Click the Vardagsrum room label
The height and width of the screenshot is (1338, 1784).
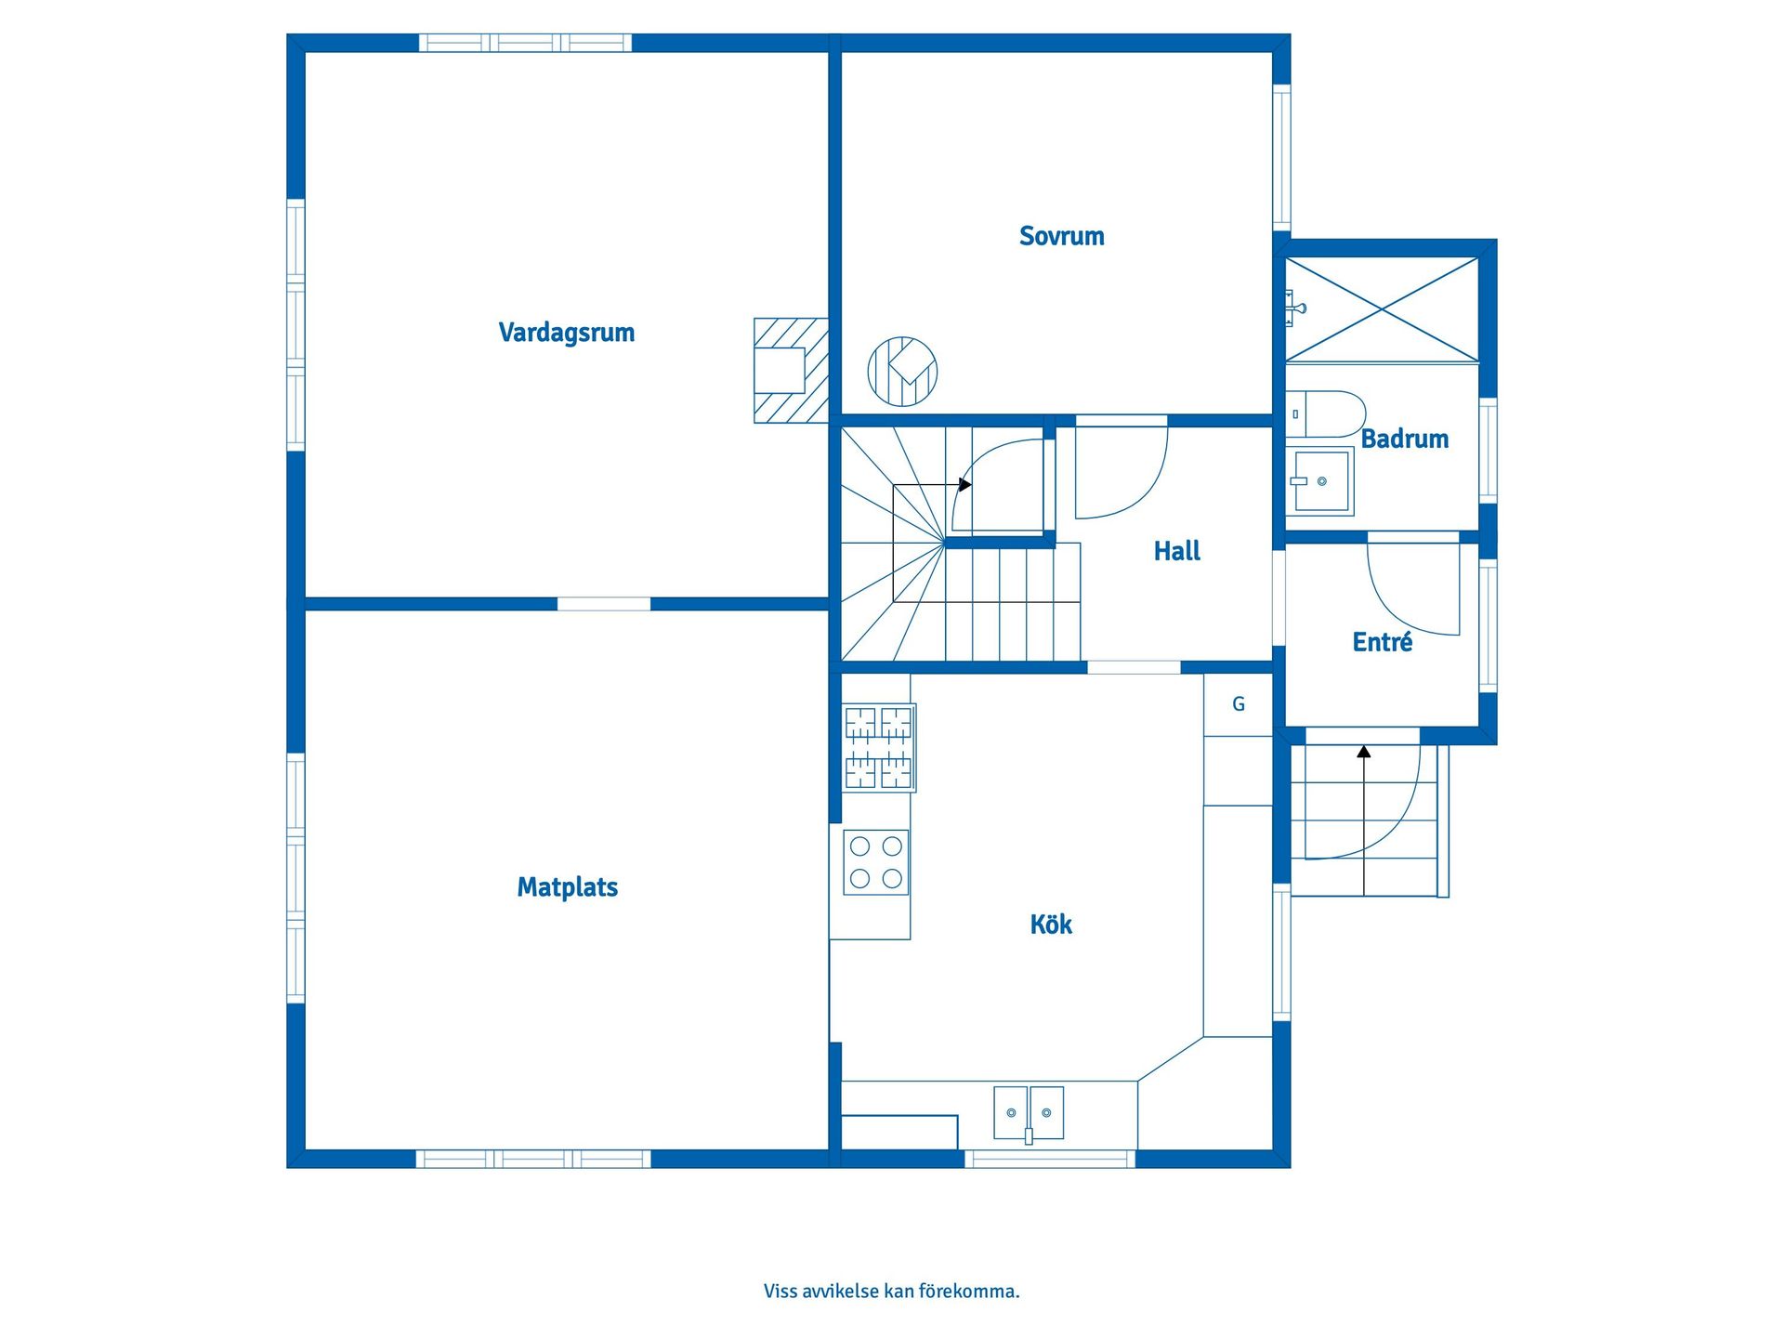coord(567,333)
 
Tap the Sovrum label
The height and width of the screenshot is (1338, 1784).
coord(1062,236)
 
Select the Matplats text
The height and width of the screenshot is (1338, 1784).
coord(568,887)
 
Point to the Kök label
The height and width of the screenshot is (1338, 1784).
coord(1051,924)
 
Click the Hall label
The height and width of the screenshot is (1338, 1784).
coord(1177,551)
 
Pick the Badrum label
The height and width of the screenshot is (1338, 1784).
coord(1405,439)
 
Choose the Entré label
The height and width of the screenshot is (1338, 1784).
coord(1383,641)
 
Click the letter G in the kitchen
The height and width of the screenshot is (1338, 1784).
coord(1239,704)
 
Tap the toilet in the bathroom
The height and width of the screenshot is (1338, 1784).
coord(1326,414)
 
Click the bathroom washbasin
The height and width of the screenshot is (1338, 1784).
coord(1320,481)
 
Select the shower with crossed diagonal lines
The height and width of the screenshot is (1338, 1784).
coord(1382,309)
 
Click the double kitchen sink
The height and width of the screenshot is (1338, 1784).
coord(1029,1113)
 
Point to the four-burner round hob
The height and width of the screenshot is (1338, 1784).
coord(876,862)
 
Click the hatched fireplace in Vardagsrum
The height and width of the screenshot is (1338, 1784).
coord(791,371)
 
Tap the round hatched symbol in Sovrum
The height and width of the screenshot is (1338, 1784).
coord(902,372)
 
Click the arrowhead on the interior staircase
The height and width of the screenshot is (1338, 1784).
coord(965,485)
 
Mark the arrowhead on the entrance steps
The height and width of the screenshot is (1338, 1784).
coord(1364,752)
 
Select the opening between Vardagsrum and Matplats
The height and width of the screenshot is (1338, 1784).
coord(604,604)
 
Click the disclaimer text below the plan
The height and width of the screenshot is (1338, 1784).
coord(892,1291)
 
